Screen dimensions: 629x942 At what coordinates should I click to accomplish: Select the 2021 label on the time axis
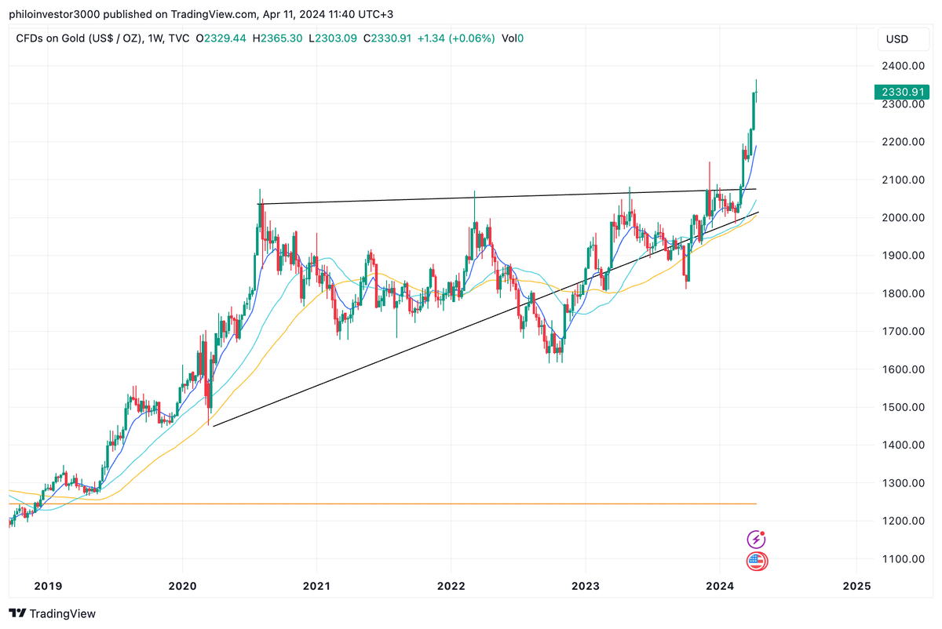316,586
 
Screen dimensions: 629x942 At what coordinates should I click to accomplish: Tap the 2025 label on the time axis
856,586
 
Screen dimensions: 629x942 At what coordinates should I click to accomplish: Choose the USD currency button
896,39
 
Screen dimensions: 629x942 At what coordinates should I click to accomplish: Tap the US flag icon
756,561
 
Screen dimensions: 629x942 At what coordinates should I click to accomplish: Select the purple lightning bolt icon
755,539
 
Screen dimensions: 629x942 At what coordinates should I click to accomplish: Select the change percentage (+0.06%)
470,38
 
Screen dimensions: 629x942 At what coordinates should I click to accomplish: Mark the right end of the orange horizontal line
756,504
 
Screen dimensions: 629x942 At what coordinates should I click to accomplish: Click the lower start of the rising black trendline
214,426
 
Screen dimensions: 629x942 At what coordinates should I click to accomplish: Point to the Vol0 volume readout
513,38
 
